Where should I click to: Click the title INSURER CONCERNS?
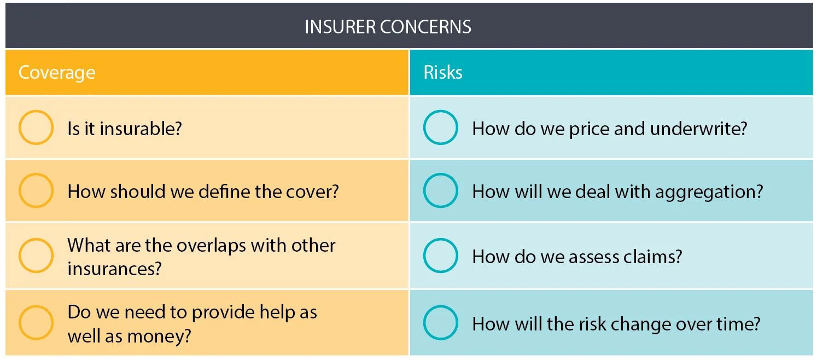coord(388,27)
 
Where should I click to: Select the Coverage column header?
coord(57,73)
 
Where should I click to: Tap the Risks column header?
coord(443,73)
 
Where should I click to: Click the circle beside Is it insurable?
coord(36,128)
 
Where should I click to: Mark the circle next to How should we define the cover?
coord(36,191)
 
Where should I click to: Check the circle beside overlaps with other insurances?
coord(36,256)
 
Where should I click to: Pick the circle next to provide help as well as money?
coord(36,322)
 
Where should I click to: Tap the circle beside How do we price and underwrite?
coord(441,128)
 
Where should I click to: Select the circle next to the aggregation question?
coord(441,191)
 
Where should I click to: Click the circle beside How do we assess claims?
coord(441,256)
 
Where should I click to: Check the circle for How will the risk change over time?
coord(441,322)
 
